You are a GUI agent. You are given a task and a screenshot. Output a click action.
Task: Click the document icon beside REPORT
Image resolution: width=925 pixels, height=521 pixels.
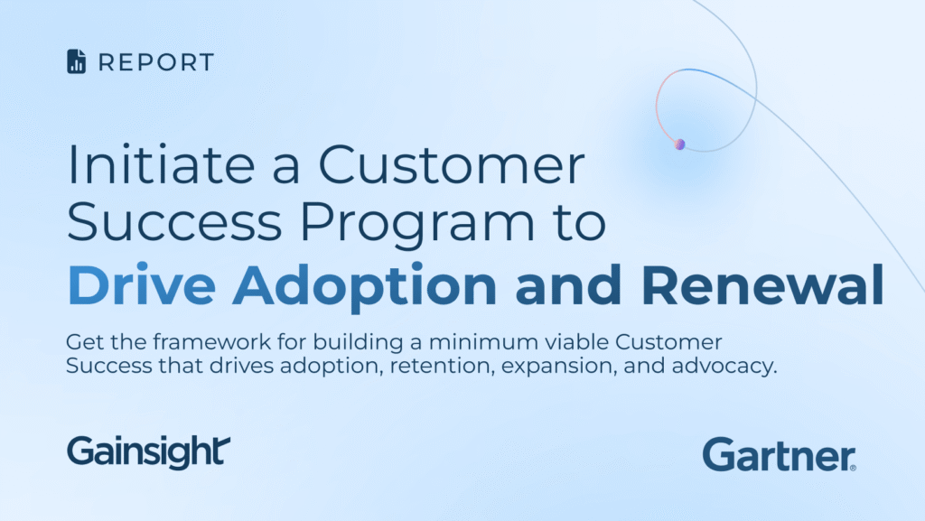pyautogui.click(x=76, y=62)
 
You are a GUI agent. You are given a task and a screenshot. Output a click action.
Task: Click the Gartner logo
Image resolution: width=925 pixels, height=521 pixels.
pyautogui.click(x=776, y=454)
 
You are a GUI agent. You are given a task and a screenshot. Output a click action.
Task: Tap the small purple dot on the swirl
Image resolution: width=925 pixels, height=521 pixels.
pyautogui.click(x=680, y=144)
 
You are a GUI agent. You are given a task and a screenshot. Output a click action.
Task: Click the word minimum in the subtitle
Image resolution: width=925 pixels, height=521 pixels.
pyautogui.click(x=456, y=344)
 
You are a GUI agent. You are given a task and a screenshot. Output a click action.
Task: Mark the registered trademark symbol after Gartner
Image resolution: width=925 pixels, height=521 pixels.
pyautogui.click(x=853, y=467)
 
